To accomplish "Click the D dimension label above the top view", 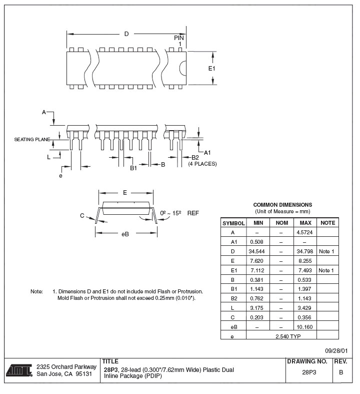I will [x=126, y=34].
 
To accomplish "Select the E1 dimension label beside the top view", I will [x=211, y=68].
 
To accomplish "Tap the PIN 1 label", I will [x=179, y=41].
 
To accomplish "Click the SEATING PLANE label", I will [x=32, y=139].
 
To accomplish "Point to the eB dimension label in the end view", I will [x=125, y=234].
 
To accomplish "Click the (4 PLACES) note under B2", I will [x=202, y=164].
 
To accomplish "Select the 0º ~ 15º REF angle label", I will [x=179, y=213].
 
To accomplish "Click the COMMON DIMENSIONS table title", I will [x=282, y=205].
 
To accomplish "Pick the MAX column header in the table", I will [x=305, y=223].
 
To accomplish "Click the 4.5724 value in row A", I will [x=305, y=232].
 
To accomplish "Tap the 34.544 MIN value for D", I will [x=258, y=251].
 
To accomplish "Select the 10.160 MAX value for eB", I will [x=305, y=327].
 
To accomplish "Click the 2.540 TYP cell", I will [x=288, y=336].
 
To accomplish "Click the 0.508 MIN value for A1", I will [x=258, y=242].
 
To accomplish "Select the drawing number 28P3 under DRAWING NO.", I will [x=309, y=372].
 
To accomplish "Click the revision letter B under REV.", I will [x=341, y=372].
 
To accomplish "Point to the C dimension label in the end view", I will [x=81, y=215].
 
